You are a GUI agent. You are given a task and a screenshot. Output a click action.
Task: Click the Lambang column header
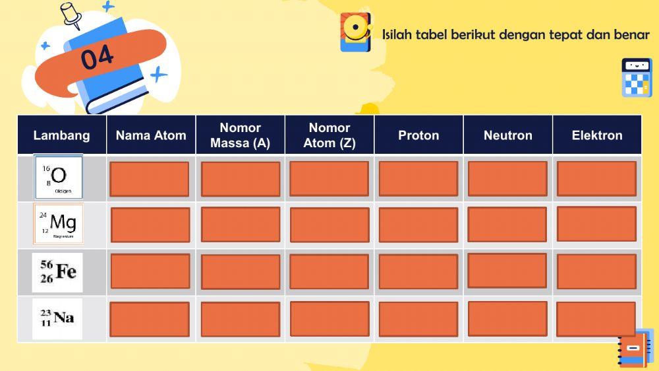pos(61,135)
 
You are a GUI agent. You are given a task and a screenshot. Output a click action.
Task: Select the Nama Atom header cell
pos(151,135)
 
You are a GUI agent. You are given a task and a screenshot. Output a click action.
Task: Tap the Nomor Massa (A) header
pos(241,135)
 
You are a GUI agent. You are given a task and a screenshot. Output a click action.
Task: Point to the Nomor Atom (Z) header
pos(329,135)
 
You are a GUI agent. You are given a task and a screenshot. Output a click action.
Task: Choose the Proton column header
pos(418,135)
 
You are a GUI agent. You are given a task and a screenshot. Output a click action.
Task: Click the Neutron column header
pos(507,135)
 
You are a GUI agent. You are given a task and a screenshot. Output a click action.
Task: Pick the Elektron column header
pos(597,135)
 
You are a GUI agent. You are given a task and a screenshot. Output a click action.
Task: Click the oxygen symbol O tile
pos(59,177)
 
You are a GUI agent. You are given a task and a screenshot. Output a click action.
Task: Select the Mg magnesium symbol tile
pos(59,224)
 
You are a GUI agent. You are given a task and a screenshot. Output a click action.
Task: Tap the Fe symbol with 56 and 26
pos(58,272)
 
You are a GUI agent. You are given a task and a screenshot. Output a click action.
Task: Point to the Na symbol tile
pos(58,318)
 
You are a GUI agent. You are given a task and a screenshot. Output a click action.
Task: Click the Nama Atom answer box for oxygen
pos(149,179)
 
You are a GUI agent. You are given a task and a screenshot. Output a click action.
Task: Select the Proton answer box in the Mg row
pos(418,225)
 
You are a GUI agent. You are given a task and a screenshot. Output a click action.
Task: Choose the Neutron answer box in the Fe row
pos(507,271)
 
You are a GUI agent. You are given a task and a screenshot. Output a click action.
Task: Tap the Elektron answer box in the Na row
pos(596,319)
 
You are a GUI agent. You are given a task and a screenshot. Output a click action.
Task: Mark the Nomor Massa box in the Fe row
pos(241,272)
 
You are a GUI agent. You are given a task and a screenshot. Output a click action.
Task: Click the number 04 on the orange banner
pos(97,58)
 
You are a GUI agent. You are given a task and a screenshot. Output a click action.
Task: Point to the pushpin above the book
pos(70,15)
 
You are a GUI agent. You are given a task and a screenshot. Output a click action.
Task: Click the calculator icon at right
pos(637,77)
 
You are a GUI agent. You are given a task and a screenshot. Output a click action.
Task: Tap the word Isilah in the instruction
pos(397,34)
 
